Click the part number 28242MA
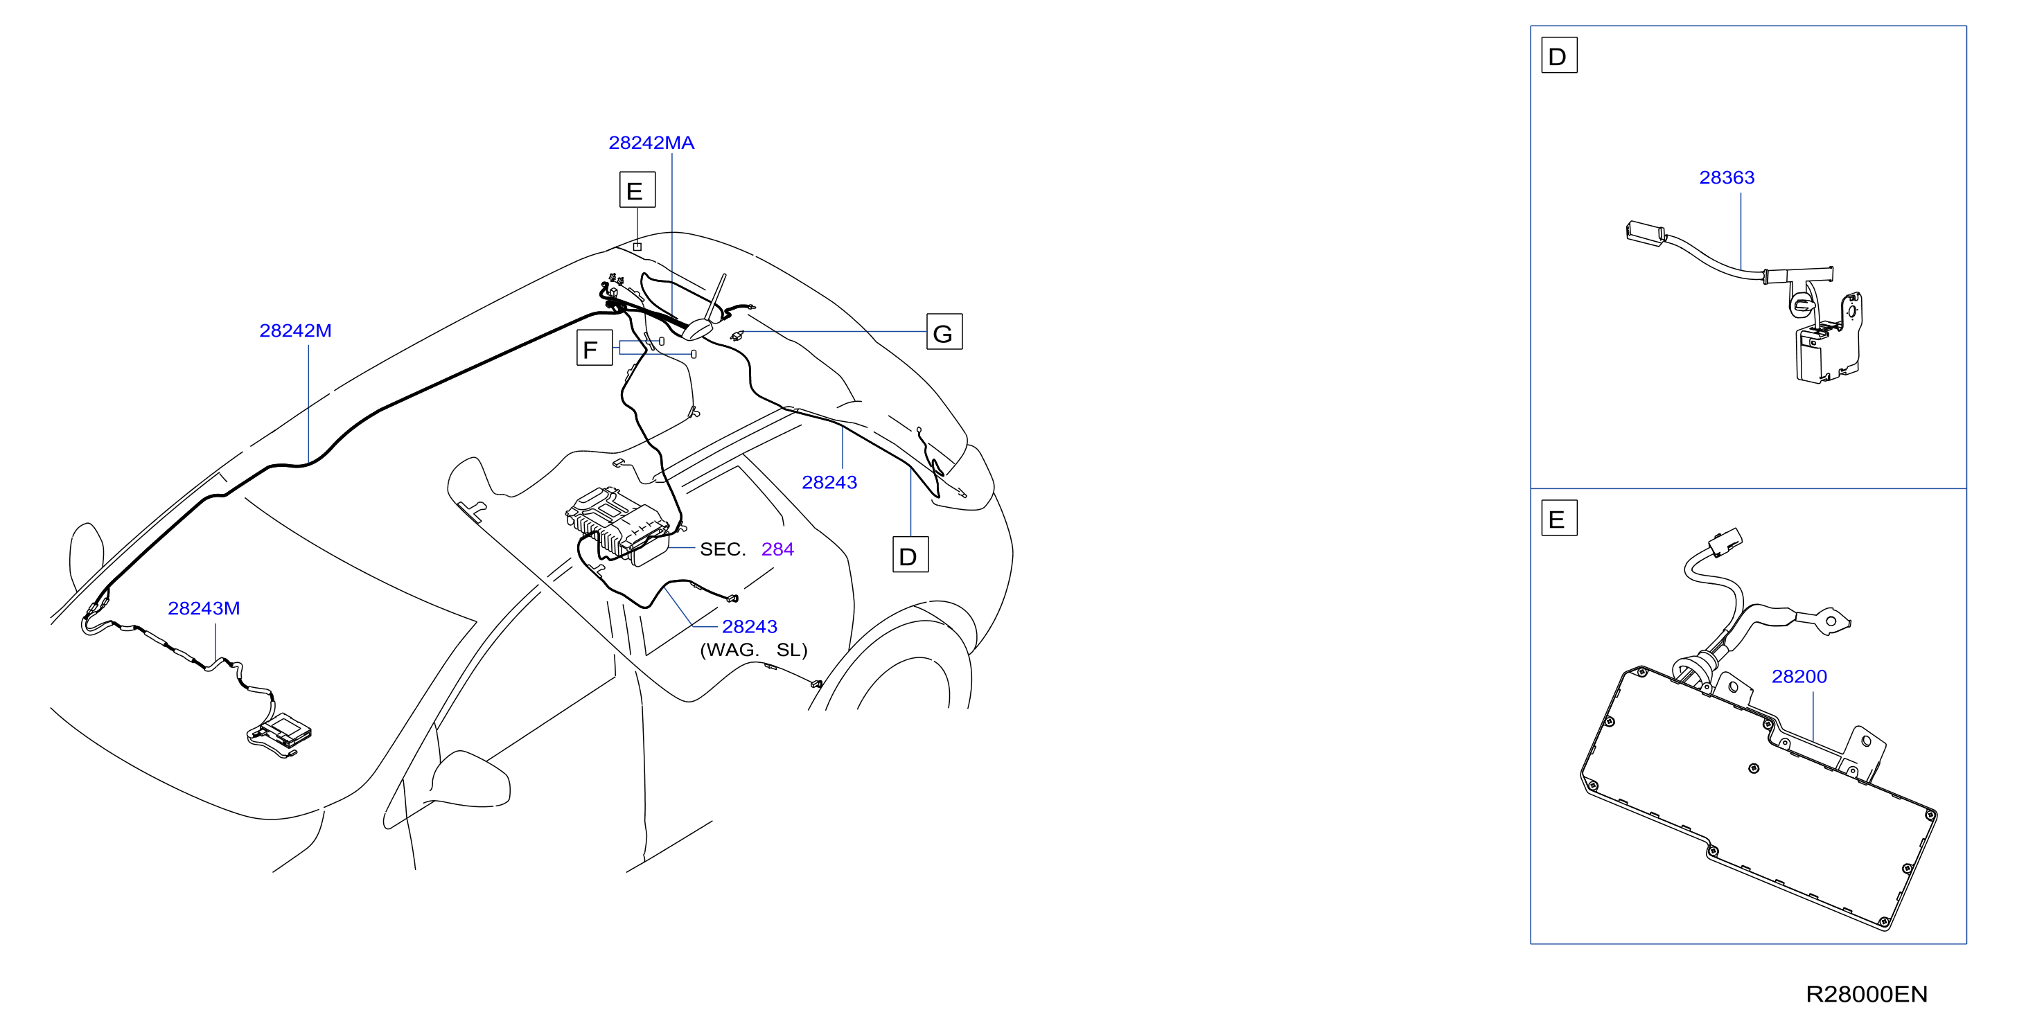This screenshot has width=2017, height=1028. click(x=651, y=143)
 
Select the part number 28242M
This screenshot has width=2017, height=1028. click(x=295, y=330)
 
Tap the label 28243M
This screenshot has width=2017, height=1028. click(x=204, y=608)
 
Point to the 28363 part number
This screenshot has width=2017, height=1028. click(x=1727, y=178)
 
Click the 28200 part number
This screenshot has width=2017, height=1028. click(x=1799, y=677)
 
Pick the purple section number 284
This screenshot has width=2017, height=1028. click(x=777, y=549)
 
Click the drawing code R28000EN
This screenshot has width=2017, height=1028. click(x=1867, y=994)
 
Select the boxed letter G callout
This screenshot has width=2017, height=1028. click(x=944, y=332)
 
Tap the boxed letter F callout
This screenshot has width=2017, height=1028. click(x=594, y=348)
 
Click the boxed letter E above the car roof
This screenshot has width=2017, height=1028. click(x=637, y=190)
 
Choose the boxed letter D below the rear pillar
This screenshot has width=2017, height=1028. click(x=910, y=554)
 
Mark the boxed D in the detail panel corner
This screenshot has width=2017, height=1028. click(x=1559, y=55)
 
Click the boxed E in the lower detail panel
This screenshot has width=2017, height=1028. click(x=1559, y=518)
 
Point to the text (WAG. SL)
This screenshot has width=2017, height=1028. click(x=753, y=650)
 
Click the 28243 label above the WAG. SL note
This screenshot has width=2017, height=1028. click(x=749, y=626)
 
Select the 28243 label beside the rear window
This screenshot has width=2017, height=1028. click(x=829, y=482)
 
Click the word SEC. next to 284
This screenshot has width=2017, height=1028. click(x=722, y=549)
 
